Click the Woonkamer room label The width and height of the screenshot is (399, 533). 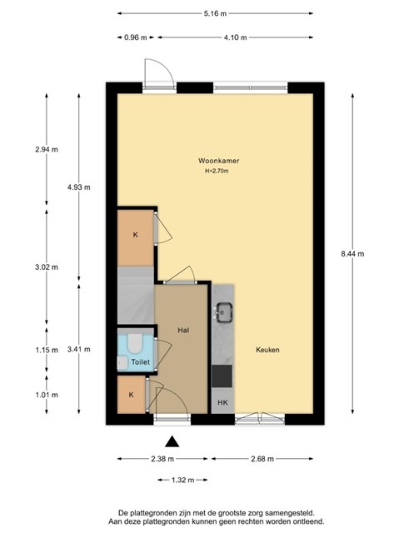click(x=218, y=161)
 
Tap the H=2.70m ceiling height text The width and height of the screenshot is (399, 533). click(x=217, y=171)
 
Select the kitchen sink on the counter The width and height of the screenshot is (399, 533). click(x=224, y=312)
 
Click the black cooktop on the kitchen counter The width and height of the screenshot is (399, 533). click(x=222, y=376)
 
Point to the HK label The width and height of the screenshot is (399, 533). click(x=222, y=403)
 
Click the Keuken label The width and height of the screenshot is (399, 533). click(x=267, y=350)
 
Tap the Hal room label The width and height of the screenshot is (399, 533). click(x=183, y=330)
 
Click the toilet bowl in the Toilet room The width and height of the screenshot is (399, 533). click(x=135, y=342)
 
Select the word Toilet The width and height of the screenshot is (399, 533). click(x=141, y=362)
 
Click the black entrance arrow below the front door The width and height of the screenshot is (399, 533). click(x=172, y=441)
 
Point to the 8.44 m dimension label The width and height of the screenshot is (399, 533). click(x=352, y=253)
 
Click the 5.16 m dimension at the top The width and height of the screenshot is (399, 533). click(x=215, y=13)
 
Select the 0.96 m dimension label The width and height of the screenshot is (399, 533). click(x=135, y=37)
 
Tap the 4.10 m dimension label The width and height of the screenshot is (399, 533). click(x=235, y=37)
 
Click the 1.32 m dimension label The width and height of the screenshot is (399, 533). click(x=182, y=480)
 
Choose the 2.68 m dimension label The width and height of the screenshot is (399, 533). click(x=262, y=459)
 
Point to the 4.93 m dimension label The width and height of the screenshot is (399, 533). click(x=79, y=187)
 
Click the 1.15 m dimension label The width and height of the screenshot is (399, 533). click(x=47, y=350)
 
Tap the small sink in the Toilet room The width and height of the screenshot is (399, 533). click(x=121, y=363)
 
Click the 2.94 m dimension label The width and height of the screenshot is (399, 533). click(x=47, y=149)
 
